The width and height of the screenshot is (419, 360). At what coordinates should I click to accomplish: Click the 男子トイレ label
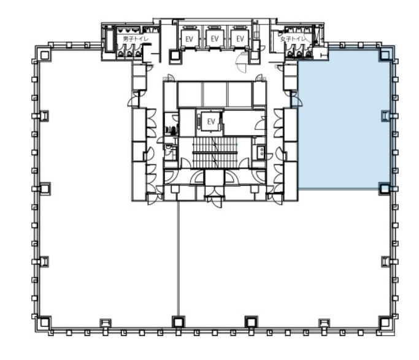[x=135, y=39]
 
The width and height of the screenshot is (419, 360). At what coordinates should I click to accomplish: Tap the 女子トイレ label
[x=293, y=39]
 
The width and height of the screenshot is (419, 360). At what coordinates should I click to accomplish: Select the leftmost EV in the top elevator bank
[x=189, y=39]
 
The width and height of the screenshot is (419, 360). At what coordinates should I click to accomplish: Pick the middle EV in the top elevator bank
[x=215, y=39]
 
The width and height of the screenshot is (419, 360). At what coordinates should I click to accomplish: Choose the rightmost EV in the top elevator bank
[x=240, y=39]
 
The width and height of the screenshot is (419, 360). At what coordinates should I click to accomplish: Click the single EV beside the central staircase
[x=211, y=122]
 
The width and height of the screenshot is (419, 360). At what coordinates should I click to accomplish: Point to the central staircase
[x=215, y=153]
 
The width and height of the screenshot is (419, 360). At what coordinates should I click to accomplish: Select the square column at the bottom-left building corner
[x=44, y=323]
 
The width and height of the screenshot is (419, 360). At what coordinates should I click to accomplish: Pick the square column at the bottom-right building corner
[x=385, y=323]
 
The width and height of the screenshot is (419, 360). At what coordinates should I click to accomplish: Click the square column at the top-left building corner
[x=45, y=55]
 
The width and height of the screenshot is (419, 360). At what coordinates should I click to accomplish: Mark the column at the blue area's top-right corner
[x=385, y=55]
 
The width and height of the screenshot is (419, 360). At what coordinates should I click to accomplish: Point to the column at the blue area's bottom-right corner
[x=384, y=189]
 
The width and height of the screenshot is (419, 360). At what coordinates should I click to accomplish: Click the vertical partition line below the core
[x=179, y=259]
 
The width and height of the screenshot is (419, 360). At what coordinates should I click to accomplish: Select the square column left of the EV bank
[x=175, y=56]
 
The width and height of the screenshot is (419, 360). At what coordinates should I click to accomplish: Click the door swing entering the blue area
[x=298, y=100]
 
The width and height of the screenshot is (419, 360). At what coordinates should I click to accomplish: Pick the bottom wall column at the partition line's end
[x=179, y=323]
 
